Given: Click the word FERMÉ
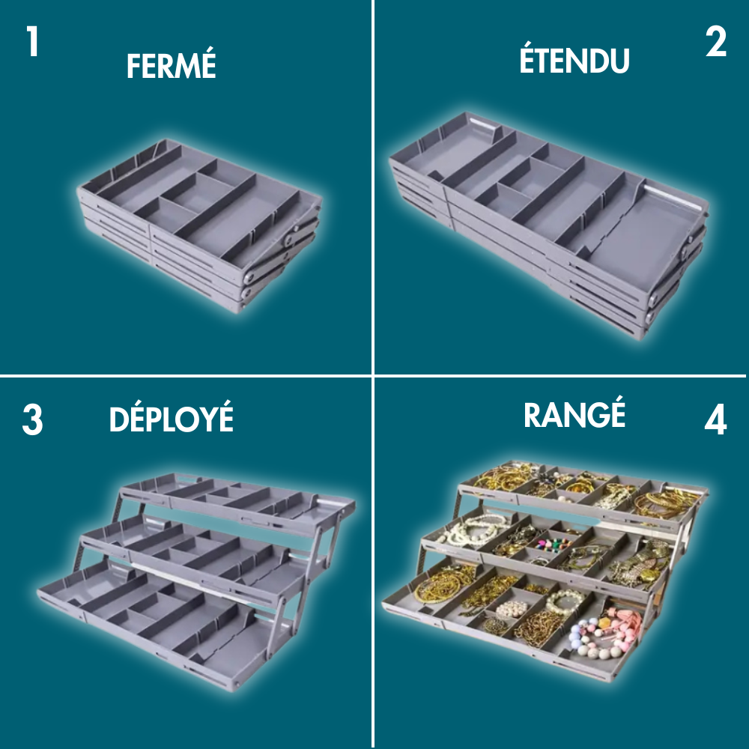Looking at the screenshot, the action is coord(171,65).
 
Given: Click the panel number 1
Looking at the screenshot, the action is coord(32,41).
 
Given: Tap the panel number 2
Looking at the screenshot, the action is coord(715,42).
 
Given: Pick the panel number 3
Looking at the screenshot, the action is coord(32,420).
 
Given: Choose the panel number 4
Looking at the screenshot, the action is coord(715,419).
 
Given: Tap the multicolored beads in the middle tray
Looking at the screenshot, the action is coord(554,545).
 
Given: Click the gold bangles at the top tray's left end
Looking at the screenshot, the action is coord(503,476).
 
